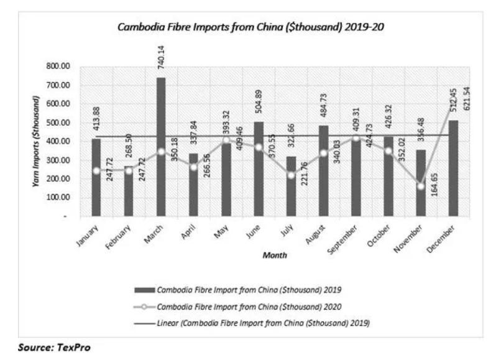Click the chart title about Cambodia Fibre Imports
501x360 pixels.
tap(254, 28)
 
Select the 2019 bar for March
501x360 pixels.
tap(161, 147)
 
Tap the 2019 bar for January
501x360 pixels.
tap(96, 178)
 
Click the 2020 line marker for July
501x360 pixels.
tap(291, 175)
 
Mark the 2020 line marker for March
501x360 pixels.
tap(161, 151)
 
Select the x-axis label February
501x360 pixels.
tap(122, 237)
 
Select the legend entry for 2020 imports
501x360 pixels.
tap(251, 306)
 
